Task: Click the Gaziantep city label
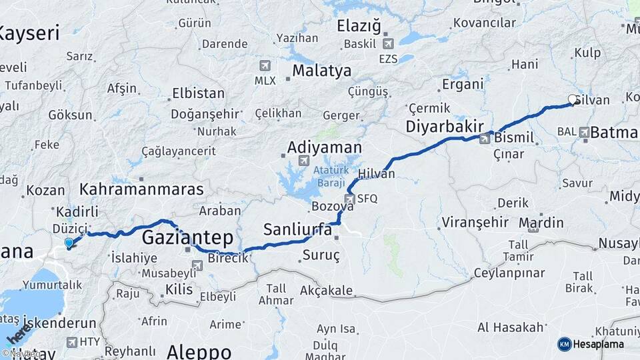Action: tap(187, 237)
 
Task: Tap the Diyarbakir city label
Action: tap(445, 127)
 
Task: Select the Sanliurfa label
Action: tap(297, 230)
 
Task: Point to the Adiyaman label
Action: tap(325, 147)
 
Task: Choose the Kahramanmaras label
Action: tap(141, 189)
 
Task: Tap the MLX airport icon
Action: tap(265, 65)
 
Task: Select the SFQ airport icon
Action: tap(349, 199)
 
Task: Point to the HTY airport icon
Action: tap(71, 342)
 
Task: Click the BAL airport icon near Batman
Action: tap(584, 132)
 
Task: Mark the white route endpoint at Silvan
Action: tap(572, 100)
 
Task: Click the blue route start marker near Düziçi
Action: tap(69, 243)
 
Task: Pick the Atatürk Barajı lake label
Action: tap(329, 176)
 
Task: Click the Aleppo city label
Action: tap(199, 351)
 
